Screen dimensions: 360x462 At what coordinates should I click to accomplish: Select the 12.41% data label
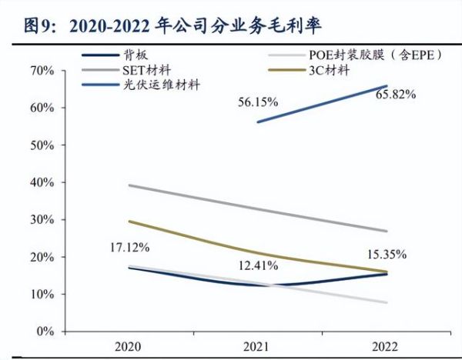pos(258,265)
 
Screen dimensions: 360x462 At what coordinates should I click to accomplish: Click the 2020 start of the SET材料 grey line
pos(129,185)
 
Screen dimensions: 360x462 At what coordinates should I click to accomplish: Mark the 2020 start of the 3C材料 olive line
pos(129,222)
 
